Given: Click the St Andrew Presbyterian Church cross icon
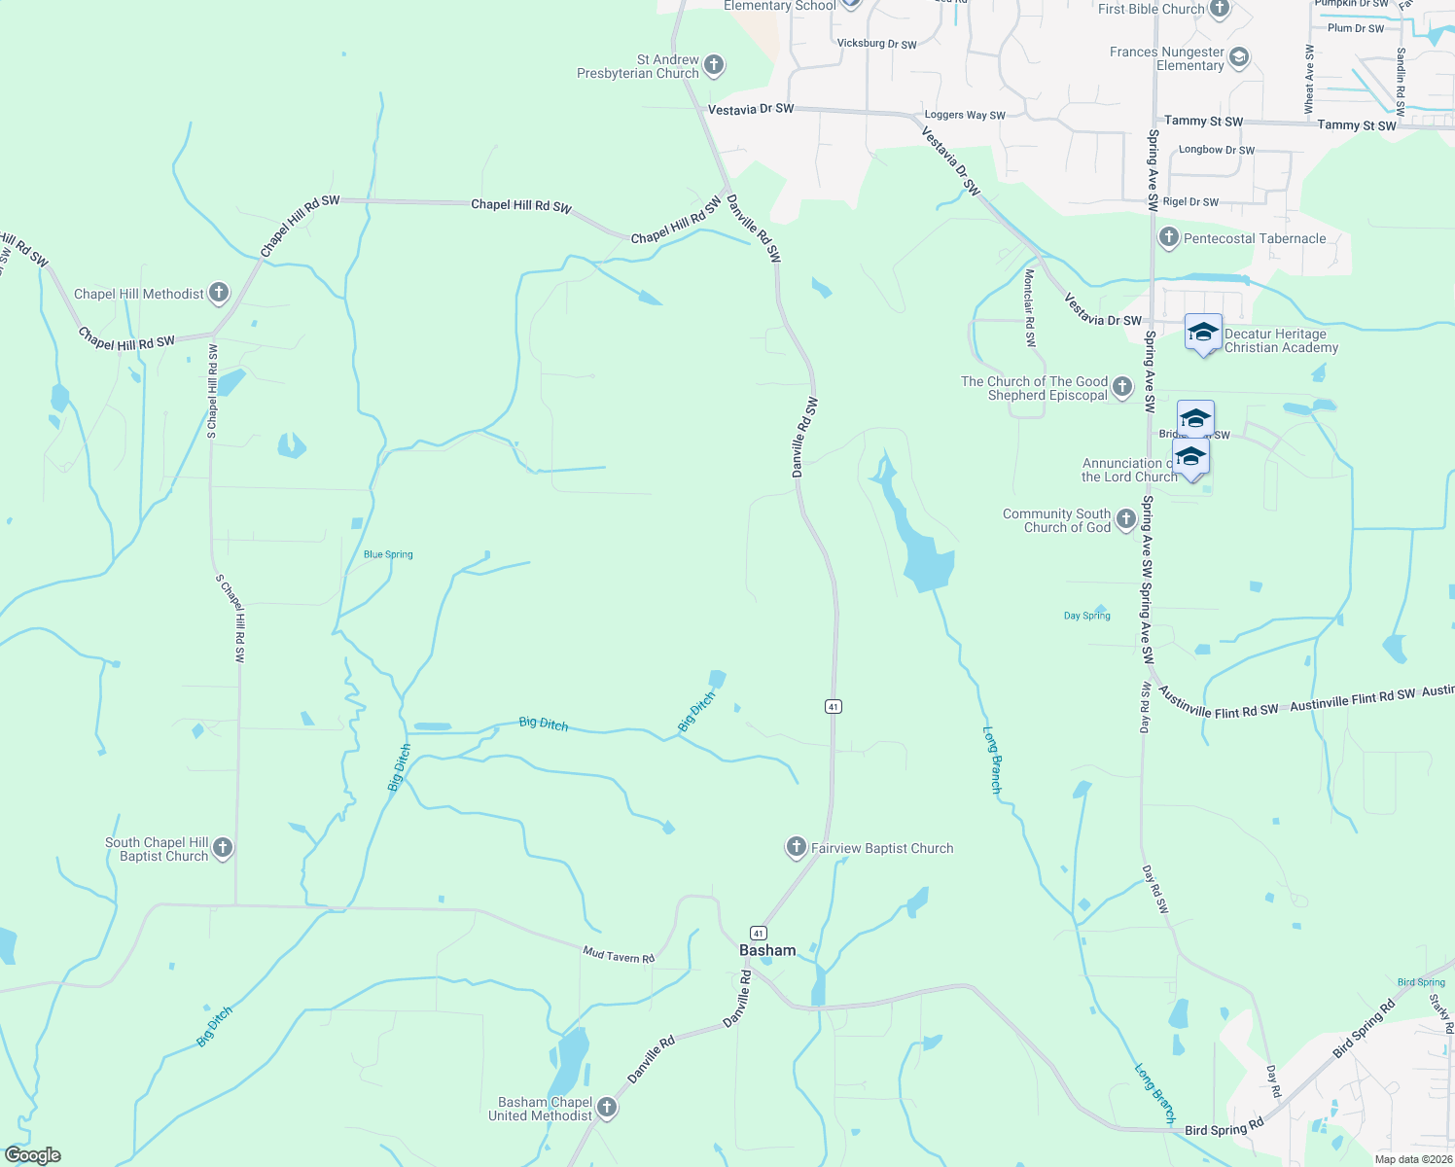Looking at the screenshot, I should (x=714, y=65).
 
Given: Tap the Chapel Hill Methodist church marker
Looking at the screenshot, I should (x=219, y=293).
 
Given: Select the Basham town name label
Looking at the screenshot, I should (x=767, y=950).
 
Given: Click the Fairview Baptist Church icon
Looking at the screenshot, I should (x=796, y=847).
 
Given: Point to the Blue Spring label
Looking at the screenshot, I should (x=388, y=554).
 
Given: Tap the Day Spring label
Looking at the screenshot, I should (x=1086, y=616).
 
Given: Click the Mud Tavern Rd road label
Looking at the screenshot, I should (x=619, y=956).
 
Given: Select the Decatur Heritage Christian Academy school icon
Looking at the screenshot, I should (x=1203, y=333).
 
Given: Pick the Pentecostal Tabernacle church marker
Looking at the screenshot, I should (x=1169, y=237).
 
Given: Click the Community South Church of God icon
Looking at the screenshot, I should (x=1125, y=519).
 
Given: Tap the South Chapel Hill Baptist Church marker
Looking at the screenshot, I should (x=222, y=848).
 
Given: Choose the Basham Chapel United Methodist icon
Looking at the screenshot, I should (x=607, y=1108).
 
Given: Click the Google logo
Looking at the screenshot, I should (x=32, y=1155).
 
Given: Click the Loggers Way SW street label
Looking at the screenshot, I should (x=965, y=115).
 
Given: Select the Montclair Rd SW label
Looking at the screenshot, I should (x=1030, y=308).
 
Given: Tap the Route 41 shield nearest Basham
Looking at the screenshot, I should (x=759, y=933).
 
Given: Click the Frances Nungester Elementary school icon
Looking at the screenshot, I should (x=1238, y=57).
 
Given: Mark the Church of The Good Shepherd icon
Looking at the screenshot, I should (x=1122, y=388).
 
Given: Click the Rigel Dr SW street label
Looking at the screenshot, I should (x=1190, y=202).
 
